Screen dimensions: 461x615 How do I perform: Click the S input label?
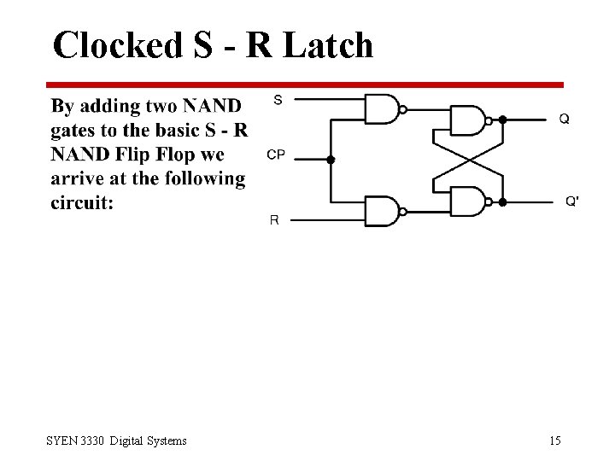[x=278, y=100]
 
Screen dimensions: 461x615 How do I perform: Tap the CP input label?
[x=276, y=155]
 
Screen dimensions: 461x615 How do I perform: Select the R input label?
[x=274, y=219]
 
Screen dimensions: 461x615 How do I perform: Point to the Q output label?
[x=565, y=120]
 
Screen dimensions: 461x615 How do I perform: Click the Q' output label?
[x=572, y=201]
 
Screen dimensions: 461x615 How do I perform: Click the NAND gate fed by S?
[x=382, y=109]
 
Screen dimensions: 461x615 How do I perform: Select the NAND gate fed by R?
[x=382, y=211]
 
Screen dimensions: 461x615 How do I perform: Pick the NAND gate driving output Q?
[x=466, y=120]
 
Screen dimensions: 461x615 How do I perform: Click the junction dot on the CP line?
[x=331, y=160]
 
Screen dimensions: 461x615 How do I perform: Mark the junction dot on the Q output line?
[x=503, y=120]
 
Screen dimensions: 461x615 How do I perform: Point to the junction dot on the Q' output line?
[x=503, y=202]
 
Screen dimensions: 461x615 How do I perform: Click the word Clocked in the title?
[x=117, y=45]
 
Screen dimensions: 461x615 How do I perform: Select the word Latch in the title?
[x=328, y=45]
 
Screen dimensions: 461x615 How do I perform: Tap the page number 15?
[x=554, y=441]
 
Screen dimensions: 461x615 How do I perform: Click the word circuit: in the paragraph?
[x=82, y=204]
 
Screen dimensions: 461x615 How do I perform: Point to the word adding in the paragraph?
[x=111, y=107]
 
